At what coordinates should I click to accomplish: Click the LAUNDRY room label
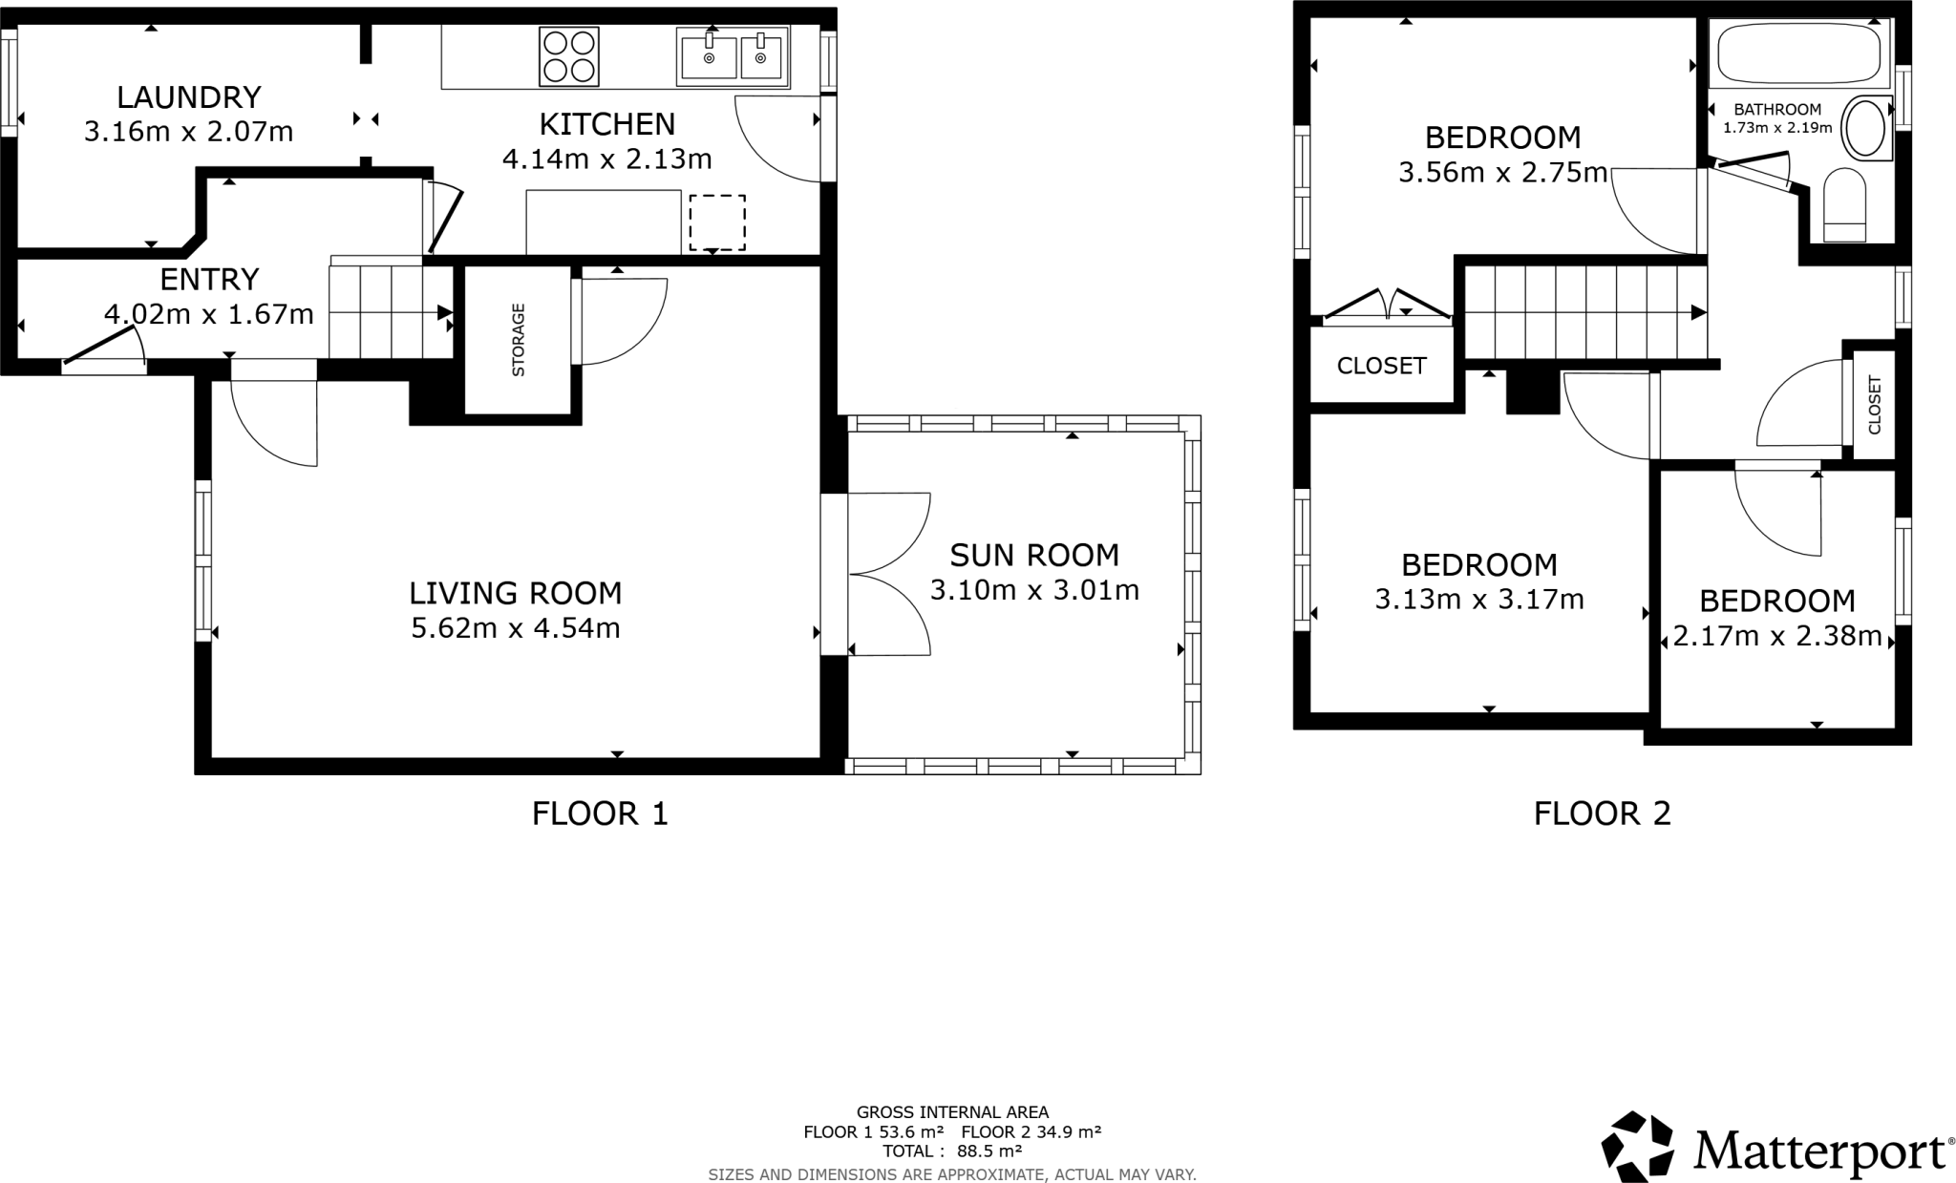(189, 97)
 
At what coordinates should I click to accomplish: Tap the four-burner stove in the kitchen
(569, 56)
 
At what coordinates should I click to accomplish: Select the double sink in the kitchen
(733, 55)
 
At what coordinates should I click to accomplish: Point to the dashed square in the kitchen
(716, 222)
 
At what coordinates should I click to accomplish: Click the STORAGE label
(519, 340)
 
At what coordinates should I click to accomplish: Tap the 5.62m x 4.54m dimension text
(516, 628)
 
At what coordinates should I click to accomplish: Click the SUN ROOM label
(1034, 555)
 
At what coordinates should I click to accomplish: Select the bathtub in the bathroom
(1799, 54)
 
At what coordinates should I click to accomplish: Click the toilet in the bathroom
(1844, 206)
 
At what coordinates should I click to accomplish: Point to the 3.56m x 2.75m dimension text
(1502, 173)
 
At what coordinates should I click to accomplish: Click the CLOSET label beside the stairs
(1381, 366)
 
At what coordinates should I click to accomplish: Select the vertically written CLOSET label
(1874, 405)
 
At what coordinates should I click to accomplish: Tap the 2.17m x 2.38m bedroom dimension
(1777, 636)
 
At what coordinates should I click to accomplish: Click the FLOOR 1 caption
(600, 813)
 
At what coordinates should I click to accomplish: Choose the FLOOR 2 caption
(1603, 813)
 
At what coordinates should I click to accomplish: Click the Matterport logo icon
(1637, 1147)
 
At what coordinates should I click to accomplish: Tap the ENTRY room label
(209, 280)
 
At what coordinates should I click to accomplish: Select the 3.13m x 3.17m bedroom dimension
(1479, 600)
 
